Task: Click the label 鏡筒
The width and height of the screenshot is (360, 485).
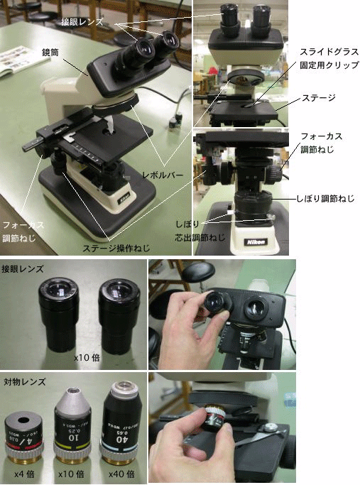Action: (x=50, y=53)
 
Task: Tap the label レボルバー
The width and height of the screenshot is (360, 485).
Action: (x=163, y=175)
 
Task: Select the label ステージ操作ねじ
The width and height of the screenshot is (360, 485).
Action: (x=116, y=248)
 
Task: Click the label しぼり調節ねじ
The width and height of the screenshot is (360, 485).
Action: (x=325, y=198)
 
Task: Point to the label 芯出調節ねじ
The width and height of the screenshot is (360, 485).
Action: (x=200, y=238)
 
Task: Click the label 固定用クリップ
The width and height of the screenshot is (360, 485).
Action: (x=329, y=65)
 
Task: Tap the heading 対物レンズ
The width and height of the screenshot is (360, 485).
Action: (x=24, y=382)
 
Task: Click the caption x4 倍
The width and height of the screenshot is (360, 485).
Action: (x=24, y=474)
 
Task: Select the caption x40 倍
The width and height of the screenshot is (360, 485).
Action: (x=121, y=474)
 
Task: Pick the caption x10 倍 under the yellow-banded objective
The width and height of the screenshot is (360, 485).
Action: (x=71, y=474)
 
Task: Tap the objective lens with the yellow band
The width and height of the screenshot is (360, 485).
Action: (x=72, y=427)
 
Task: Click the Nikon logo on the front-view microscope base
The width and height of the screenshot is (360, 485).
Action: (x=256, y=242)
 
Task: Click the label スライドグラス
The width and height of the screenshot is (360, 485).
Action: (x=329, y=52)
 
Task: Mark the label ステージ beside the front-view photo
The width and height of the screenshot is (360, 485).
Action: (x=319, y=98)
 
